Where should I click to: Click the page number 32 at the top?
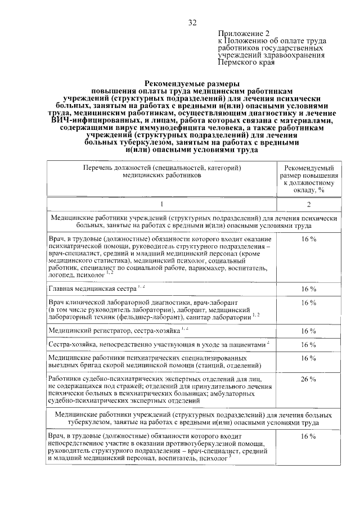192,22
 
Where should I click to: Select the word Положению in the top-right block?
248,41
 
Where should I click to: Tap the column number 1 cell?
161,204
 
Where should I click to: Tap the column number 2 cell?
309,204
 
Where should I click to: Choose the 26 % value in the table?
309,379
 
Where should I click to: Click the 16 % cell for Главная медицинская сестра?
309,289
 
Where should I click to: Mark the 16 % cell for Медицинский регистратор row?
309,331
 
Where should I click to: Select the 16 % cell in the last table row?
309,436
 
